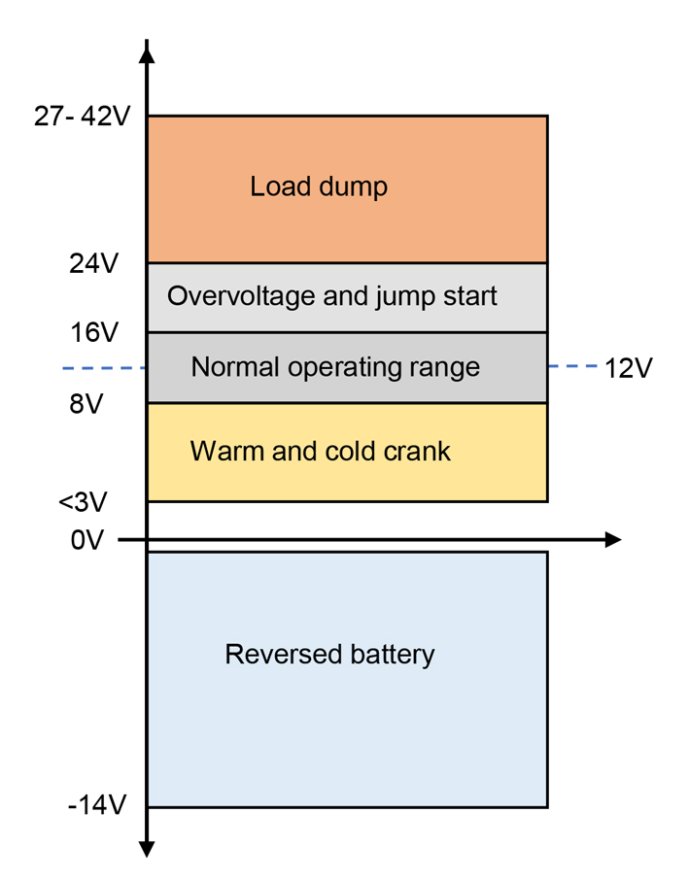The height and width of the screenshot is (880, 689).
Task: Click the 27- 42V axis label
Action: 82,117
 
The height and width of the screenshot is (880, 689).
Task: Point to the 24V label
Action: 93,263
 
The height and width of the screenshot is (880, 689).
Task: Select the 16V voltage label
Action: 93,333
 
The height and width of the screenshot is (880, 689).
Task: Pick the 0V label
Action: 86,540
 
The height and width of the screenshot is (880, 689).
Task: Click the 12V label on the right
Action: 629,369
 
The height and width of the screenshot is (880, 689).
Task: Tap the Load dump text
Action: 319,186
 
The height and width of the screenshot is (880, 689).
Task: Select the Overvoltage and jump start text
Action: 331,296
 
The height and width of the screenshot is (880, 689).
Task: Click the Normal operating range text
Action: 335,367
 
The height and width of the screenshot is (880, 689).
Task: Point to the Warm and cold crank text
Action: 321,452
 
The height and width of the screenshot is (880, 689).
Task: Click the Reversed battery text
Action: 329,655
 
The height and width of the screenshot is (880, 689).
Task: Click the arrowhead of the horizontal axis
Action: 612,540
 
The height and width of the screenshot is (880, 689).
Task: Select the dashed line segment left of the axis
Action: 103,368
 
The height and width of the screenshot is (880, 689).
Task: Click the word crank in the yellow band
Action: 418,452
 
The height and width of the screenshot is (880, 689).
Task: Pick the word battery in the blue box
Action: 389,655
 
